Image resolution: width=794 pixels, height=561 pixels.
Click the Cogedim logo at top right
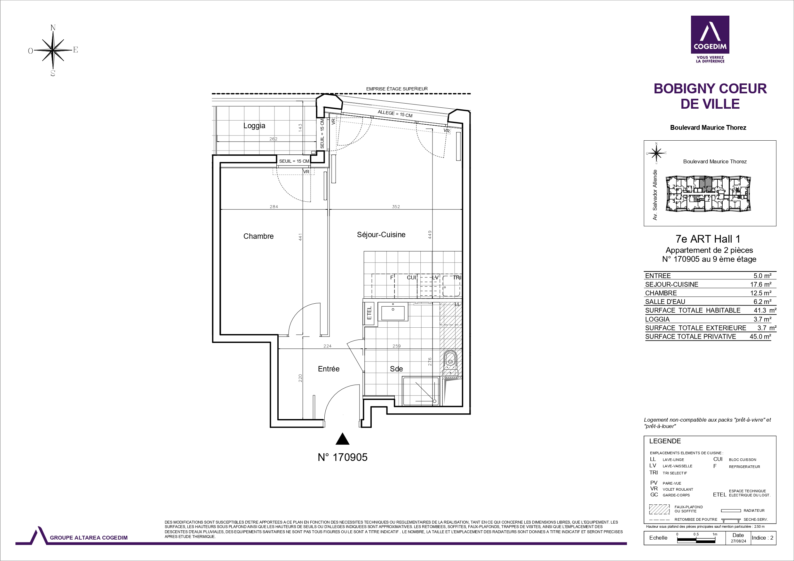pos(710,39)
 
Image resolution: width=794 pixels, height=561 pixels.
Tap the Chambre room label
pos(258,236)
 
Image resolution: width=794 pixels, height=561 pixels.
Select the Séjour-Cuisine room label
pos(381,235)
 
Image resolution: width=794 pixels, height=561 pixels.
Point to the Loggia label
pos(254,126)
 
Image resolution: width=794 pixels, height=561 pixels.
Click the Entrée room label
pos(329,369)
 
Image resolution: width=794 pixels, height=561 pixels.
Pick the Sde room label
pos(396,369)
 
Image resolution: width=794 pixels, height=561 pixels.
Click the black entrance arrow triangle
pos(342,439)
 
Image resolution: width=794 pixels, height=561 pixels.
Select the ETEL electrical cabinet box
pos(369,313)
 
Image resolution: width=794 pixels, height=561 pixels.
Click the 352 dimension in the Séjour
pos(396,207)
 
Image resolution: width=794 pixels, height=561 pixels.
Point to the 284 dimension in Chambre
pos(274,207)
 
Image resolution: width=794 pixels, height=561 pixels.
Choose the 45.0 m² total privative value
pos(760,336)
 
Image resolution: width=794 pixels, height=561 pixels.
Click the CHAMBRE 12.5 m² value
pos(761,293)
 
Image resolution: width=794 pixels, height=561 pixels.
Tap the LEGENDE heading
pos(665,441)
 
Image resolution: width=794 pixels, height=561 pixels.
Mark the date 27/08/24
pos(738,541)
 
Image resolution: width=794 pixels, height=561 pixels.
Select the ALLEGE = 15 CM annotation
pos(395,114)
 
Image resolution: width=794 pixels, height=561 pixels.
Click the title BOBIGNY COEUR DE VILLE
pos(710,96)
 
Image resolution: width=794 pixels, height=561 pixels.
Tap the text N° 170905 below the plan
pos(342,457)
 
